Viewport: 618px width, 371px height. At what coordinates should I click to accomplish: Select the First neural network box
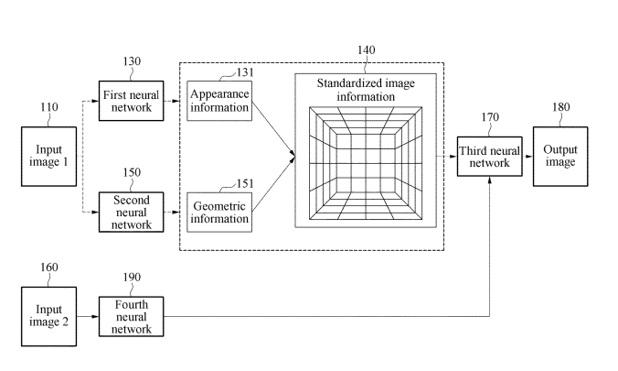pyautogui.click(x=131, y=100)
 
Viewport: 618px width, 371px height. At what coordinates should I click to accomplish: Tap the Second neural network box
pyautogui.click(x=131, y=212)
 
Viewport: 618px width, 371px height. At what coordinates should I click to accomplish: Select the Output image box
pyautogui.click(x=559, y=157)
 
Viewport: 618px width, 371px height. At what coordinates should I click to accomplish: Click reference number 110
pyautogui.click(x=48, y=108)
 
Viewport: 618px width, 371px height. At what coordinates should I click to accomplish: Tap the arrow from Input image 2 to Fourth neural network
pyautogui.click(x=88, y=316)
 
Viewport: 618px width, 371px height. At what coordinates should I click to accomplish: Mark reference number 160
pyautogui.click(x=48, y=267)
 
